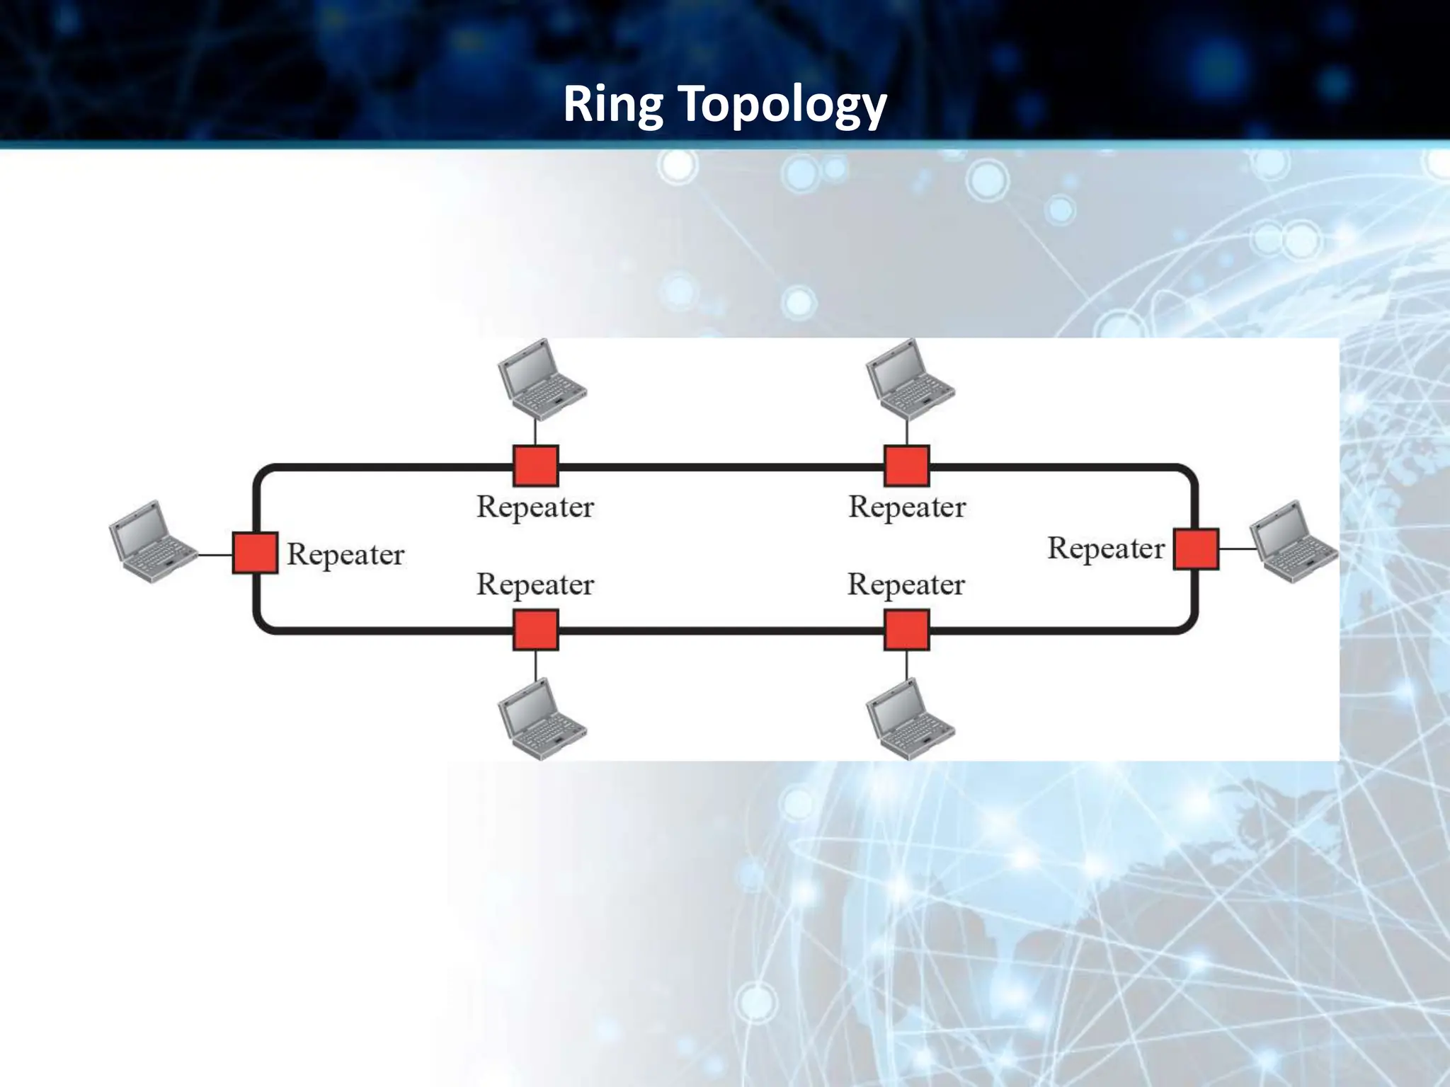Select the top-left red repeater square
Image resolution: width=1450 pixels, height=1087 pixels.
tap(535, 466)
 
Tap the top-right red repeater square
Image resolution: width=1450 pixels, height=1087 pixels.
tap(907, 466)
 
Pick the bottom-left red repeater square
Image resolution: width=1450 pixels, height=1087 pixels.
tap(535, 630)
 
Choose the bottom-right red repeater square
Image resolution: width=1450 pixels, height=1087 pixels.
tap(907, 630)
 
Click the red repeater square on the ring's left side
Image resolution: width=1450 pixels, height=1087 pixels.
tap(255, 553)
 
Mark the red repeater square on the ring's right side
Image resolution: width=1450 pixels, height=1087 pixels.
tap(1196, 548)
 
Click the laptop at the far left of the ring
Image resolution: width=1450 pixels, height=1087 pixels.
tap(152, 541)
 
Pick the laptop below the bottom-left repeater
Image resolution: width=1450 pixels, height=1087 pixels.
tap(541, 719)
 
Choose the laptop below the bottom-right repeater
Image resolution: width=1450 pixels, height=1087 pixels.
tap(910, 719)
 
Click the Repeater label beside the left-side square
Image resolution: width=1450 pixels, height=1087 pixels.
tap(346, 555)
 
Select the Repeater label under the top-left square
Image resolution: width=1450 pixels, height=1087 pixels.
tap(535, 507)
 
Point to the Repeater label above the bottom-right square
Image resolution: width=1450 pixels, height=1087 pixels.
tap(906, 585)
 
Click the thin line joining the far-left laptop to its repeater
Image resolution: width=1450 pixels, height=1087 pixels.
tap(215, 555)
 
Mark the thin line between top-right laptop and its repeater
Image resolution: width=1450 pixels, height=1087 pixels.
tap(907, 432)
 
